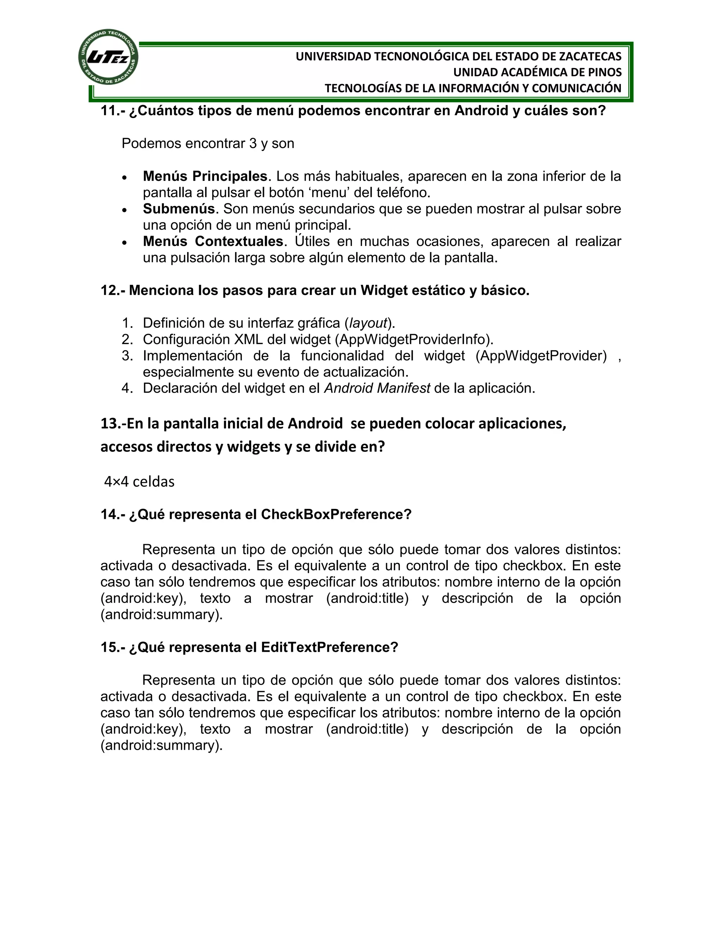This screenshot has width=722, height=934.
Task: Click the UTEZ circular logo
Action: click(108, 57)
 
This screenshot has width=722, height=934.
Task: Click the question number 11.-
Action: click(112, 111)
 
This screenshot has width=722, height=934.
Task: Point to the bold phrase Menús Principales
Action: click(205, 176)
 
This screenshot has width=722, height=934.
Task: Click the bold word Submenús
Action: click(178, 209)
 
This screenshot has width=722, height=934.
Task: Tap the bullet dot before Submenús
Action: click(124, 210)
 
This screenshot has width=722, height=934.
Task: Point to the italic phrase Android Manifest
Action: click(377, 388)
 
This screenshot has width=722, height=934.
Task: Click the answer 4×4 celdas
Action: click(140, 481)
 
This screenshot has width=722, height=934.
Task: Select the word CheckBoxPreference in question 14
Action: click(331, 514)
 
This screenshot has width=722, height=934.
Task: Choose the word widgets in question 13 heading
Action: click(254, 447)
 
